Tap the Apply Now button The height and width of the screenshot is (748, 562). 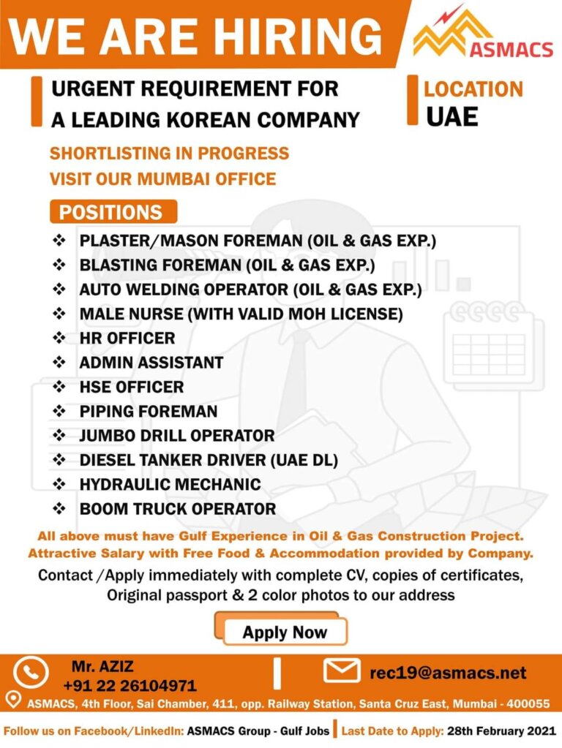(285, 632)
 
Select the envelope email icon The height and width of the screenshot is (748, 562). (341, 670)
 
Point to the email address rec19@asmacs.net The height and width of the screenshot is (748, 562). (448, 672)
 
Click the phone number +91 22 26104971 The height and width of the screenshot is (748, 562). (130, 686)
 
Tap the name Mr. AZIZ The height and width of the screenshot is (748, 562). (103, 666)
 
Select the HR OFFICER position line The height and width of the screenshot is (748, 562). (127, 338)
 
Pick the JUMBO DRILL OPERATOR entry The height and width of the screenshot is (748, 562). (177, 435)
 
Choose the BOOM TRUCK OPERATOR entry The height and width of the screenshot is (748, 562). (178, 508)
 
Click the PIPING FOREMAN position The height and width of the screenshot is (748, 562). (149, 411)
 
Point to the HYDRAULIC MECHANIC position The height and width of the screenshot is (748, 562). (170, 484)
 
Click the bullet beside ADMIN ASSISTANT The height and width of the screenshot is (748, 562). (59, 362)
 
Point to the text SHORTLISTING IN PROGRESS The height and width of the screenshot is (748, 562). (169, 154)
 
